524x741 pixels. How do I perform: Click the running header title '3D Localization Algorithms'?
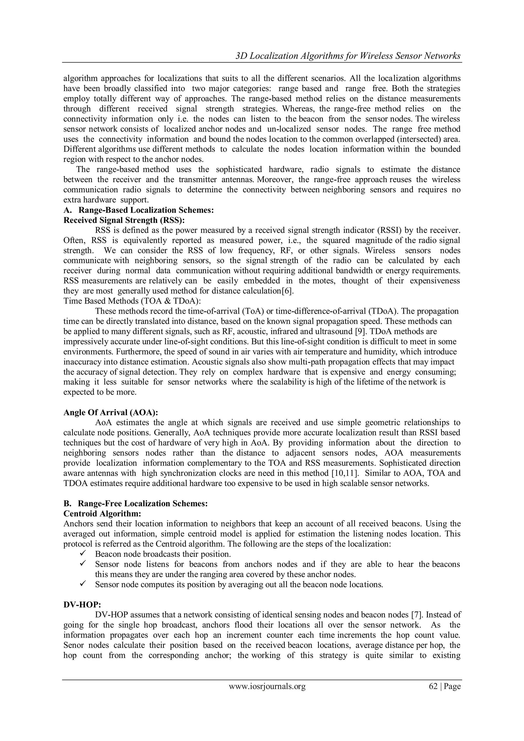(x=347, y=56)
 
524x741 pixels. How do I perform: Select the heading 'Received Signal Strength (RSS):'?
(x=124, y=220)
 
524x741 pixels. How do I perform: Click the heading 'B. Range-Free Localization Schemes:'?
(x=136, y=504)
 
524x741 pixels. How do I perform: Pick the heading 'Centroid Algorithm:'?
(x=103, y=514)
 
